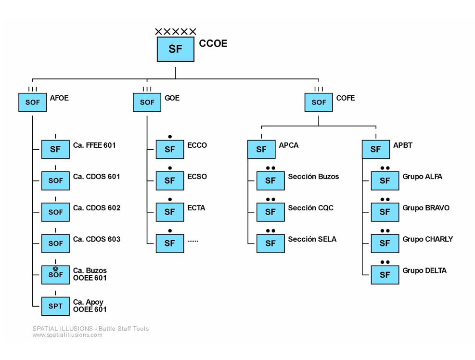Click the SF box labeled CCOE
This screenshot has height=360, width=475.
(x=176, y=49)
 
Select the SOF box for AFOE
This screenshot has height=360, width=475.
(x=33, y=103)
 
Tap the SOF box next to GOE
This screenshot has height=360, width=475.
(x=147, y=103)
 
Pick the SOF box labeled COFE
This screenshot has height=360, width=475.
(x=319, y=103)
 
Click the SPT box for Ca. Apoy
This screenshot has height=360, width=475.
(x=55, y=306)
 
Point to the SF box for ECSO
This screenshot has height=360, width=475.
(x=170, y=181)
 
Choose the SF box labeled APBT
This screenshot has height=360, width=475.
(x=376, y=150)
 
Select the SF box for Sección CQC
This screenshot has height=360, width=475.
(x=270, y=212)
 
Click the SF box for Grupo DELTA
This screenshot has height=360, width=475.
(x=385, y=275)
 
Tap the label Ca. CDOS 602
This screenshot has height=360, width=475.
(x=97, y=208)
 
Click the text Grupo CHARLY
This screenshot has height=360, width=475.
(x=427, y=239)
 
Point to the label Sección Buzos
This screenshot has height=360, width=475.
(x=313, y=177)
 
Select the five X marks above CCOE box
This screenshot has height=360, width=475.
(x=176, y=32)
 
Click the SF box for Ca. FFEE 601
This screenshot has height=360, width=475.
(x=55, y=150)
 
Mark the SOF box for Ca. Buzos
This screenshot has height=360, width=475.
(x=55, y=275)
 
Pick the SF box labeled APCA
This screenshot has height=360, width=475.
(x=261, y=150)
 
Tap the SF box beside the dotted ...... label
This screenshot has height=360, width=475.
(x=170, y=244)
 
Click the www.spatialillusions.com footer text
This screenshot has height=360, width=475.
(x=67, y=335)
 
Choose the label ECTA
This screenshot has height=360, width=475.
(x=196, y=208)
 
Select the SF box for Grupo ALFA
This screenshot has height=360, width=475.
(x=385, y=181)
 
